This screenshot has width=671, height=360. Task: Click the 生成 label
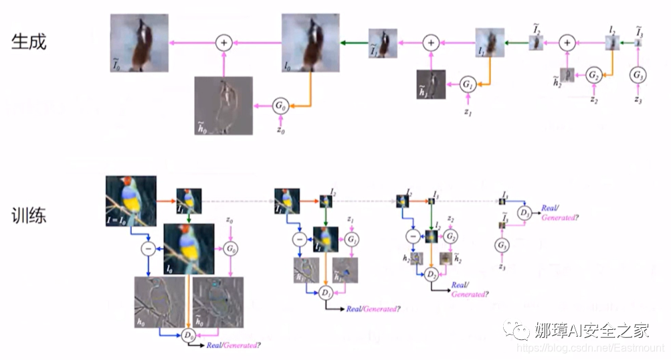point(29,42)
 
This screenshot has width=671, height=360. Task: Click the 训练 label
point(29,216)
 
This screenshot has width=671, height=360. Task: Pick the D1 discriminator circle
point(326,293)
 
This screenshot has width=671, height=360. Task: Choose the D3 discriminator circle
point(526,213)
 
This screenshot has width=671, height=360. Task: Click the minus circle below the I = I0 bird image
point(148,249)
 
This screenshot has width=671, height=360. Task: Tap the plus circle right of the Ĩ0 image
point(223,42)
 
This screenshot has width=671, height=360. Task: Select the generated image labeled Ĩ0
point(139,43)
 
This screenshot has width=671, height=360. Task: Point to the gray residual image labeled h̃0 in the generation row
point(223,105)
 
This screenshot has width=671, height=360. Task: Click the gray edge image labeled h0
point(160,302)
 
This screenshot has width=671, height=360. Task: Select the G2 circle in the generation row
point(593,75)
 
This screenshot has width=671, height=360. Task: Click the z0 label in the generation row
point(281,132)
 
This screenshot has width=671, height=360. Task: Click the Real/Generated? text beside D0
point(233,345)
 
